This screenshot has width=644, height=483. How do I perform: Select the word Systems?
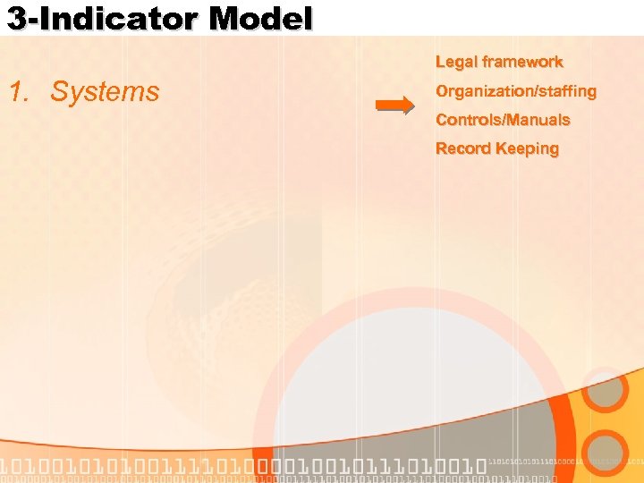(x=105, y=91)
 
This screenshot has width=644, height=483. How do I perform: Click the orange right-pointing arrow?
(x=394, y=105)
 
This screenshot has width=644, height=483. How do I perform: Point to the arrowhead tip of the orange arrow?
(x=414, y=105)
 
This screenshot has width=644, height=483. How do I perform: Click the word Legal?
(x=455, y=62)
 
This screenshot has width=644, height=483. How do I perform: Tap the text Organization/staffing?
(x=515, y=91)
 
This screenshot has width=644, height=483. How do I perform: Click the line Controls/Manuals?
(x=502, y=120)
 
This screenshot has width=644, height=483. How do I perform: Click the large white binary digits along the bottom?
(x=241, y=466)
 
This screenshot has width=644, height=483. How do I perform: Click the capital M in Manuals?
(x=522, y=120)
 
